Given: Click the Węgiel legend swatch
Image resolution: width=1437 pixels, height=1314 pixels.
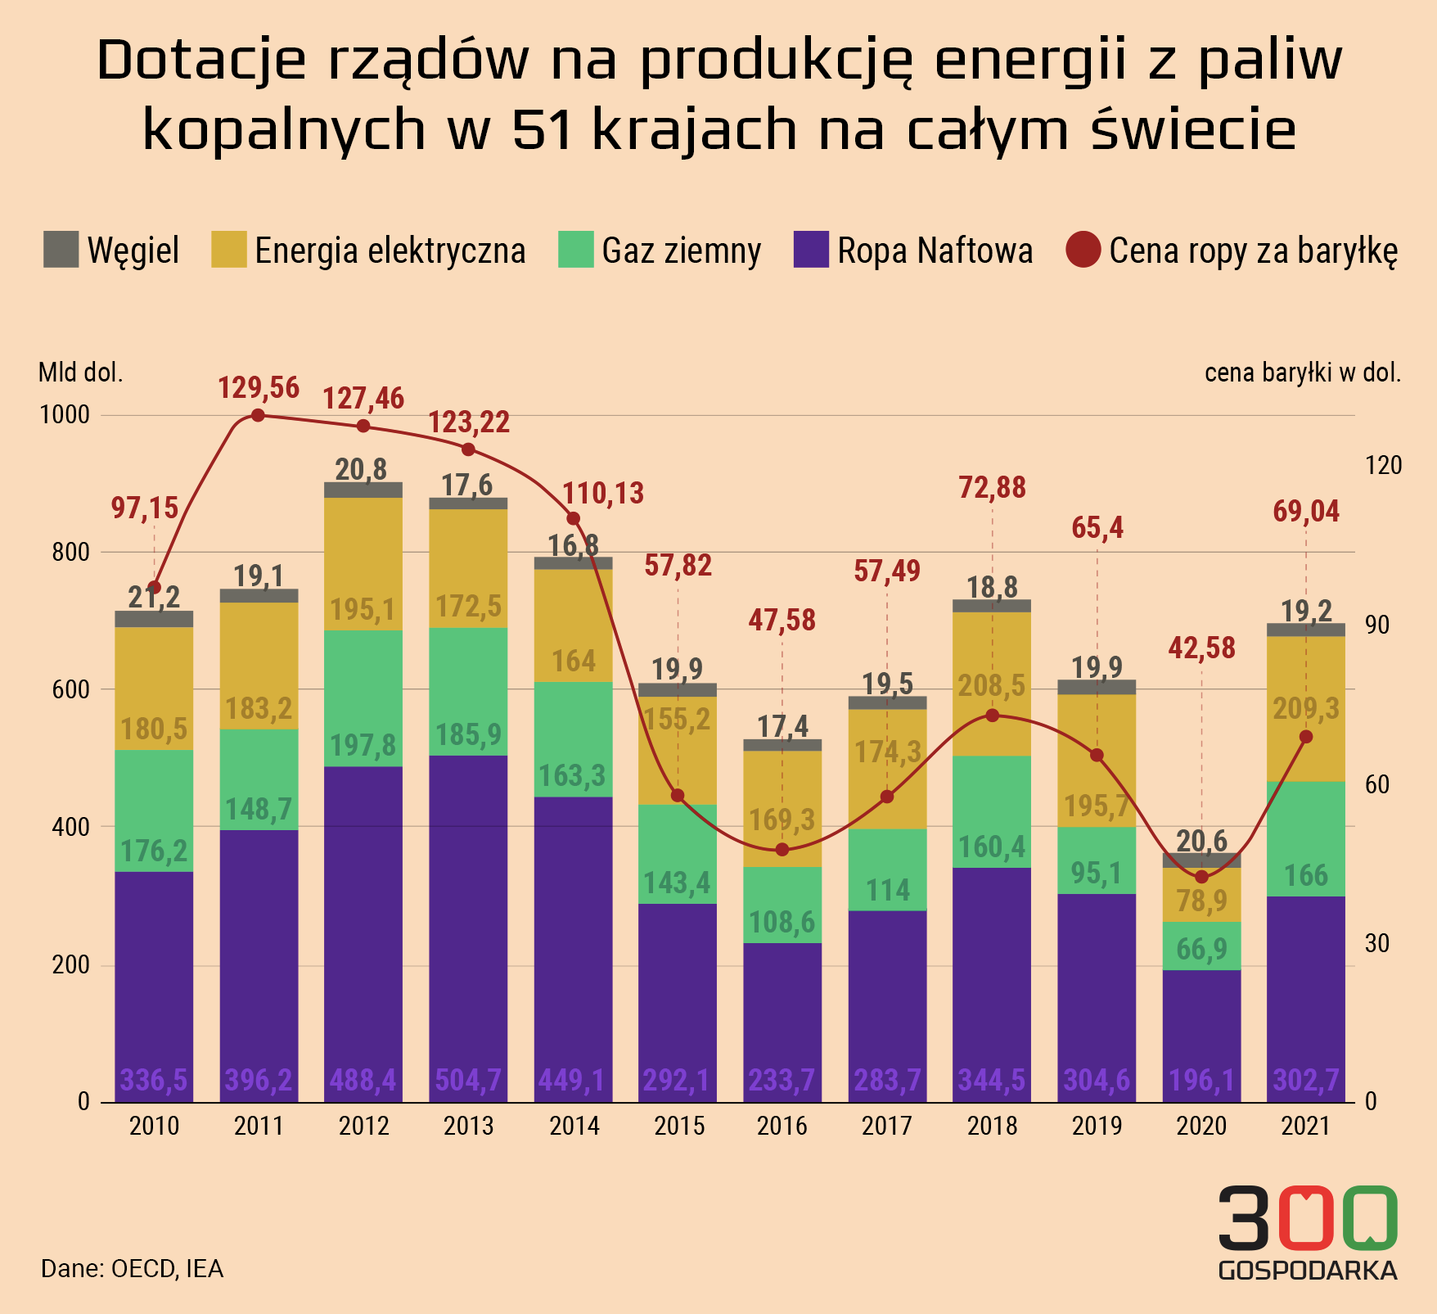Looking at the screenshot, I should pos(61,250).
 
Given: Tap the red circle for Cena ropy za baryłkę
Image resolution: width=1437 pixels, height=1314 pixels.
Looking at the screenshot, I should pos(1083,250).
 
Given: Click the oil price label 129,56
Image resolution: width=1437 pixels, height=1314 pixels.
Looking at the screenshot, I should pos(259,387).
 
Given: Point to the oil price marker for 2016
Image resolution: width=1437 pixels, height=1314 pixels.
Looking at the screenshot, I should pos(782,849).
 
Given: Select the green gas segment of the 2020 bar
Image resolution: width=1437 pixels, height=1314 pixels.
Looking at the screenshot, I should pos(1201,946).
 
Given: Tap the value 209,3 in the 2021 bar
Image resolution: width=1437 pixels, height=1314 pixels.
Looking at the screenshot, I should pos(1305,709).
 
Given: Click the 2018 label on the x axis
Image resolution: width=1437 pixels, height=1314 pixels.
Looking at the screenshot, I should pos(992,1126).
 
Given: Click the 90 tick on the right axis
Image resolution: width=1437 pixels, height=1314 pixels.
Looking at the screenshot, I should pos(1383,625).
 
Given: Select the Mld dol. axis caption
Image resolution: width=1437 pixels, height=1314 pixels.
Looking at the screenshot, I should pos(80,373).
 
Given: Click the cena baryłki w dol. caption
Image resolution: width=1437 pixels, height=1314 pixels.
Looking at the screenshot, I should pos(1302,373).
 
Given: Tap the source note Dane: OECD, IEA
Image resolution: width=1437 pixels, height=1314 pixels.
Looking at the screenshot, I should pos(132,1269).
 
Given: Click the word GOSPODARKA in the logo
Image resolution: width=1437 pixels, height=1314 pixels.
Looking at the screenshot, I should pos(1307,1270).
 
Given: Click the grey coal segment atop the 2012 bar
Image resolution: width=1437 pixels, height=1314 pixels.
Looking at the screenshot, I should pos(363,490).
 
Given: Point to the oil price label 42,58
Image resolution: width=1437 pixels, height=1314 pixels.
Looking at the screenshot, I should pos(1201,648).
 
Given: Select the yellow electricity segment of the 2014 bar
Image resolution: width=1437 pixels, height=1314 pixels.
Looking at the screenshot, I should pos(573,626).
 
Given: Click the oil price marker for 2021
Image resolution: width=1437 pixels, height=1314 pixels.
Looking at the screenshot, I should pos(1305,737).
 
